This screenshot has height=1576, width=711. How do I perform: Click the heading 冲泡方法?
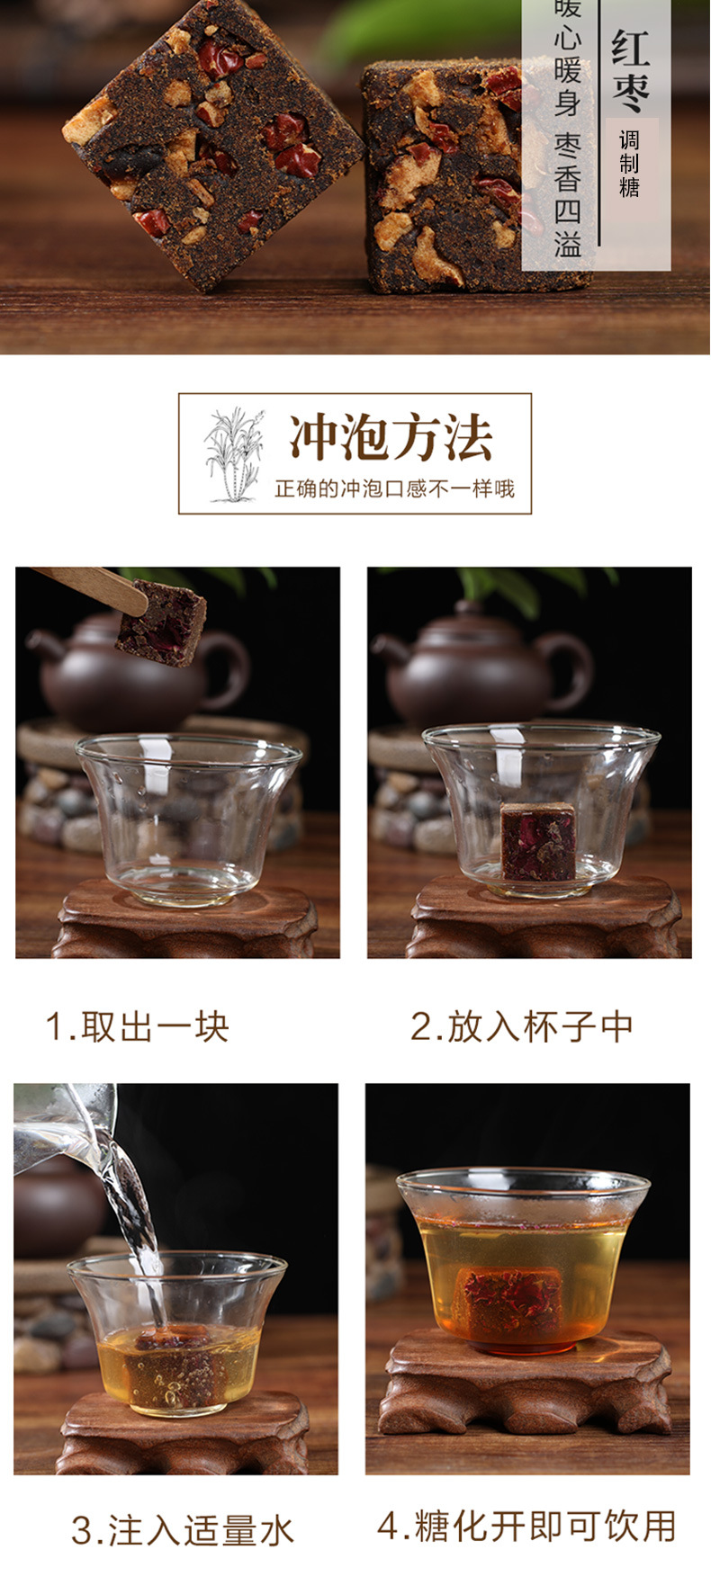pos(391,438)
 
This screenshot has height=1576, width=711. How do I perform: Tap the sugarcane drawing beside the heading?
pos(234,453)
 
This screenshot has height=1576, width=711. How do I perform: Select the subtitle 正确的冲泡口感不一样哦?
pos(394,488)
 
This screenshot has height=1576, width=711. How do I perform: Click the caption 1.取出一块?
pos(138,1026)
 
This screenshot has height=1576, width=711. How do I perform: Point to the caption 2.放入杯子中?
pos(522,1026)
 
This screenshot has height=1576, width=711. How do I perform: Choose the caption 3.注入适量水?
pos(183,1530)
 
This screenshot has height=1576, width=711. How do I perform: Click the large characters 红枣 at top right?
pos(630,72)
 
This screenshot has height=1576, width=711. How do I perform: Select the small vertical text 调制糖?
pos(629,164)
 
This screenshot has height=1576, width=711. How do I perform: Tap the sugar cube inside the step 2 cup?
pos(537,841)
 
